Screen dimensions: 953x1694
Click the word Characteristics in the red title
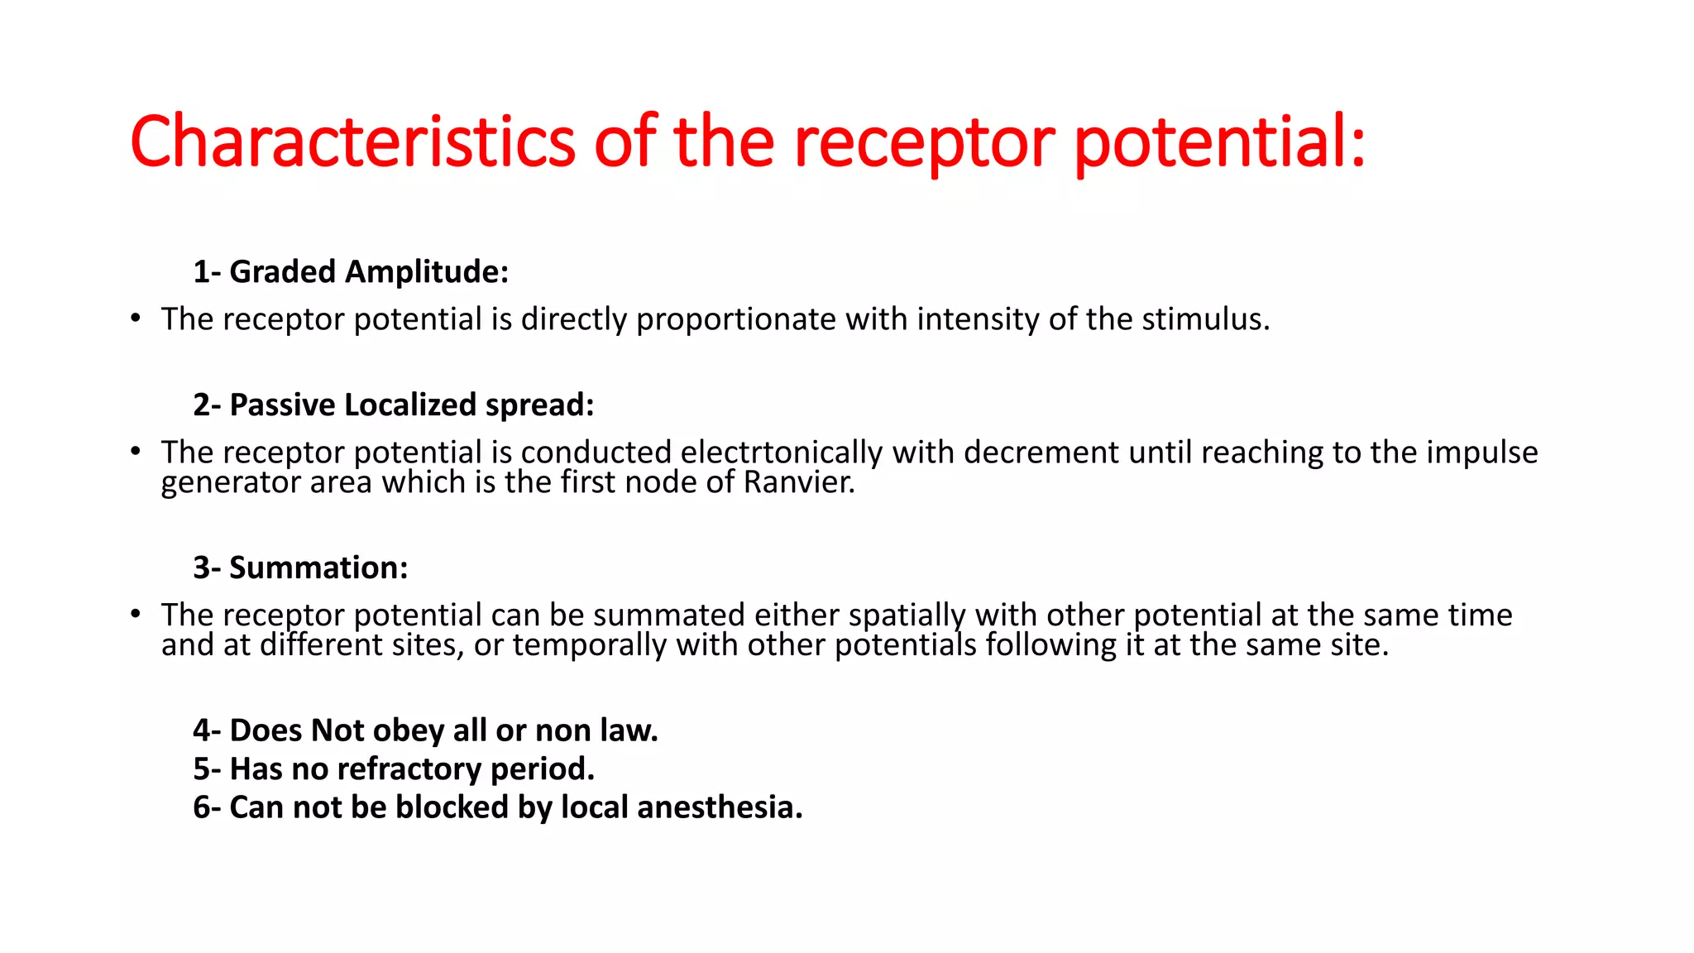352,141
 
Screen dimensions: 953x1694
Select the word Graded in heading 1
282,271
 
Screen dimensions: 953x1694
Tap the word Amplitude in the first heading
426,271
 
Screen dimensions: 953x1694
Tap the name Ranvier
799,482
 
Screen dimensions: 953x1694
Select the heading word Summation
318,567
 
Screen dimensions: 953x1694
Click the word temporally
589,645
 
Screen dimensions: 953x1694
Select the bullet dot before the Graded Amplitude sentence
136,319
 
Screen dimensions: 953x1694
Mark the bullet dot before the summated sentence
136,615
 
